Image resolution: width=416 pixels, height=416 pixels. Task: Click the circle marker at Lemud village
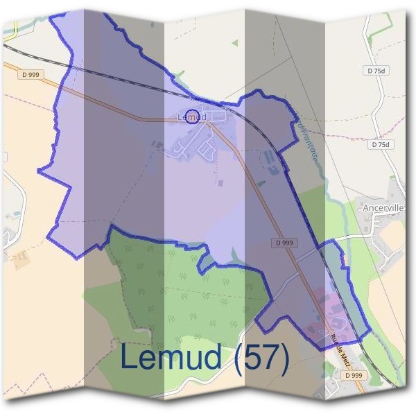click(193, 114)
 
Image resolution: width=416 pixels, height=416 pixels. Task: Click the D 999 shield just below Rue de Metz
click(353, 375)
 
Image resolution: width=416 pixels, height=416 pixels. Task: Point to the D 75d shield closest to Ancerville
click(381, 145)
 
